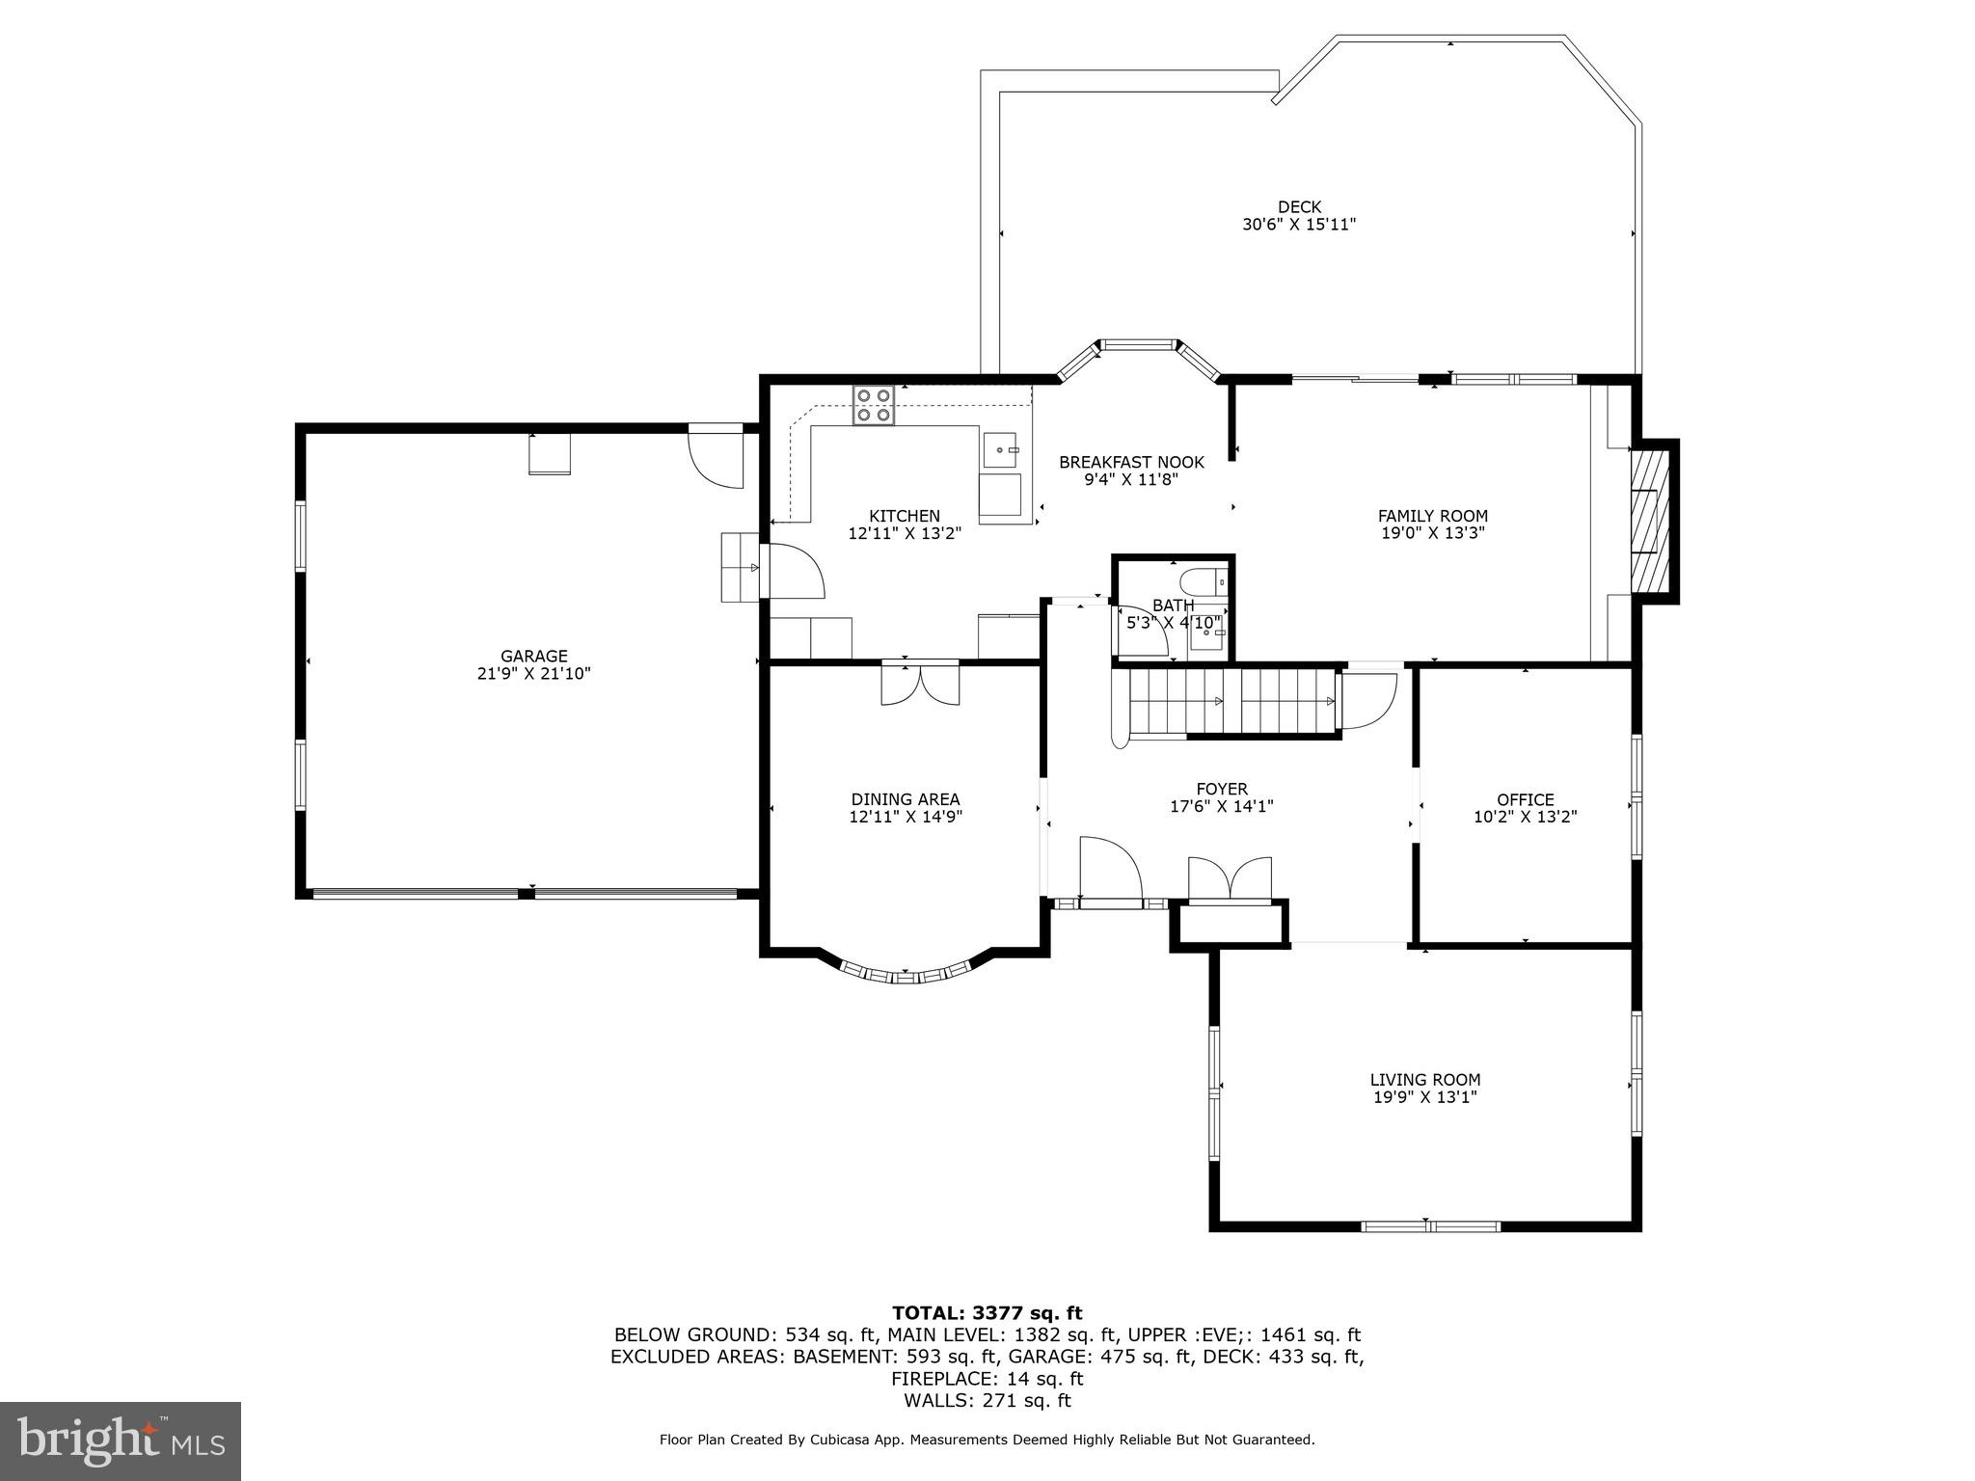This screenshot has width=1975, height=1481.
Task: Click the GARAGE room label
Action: pyautogui.click(x=533, y=657)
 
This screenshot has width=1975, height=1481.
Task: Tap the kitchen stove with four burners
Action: pyautogui.click(x=874, y=405)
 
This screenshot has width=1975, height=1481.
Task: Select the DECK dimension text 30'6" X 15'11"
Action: pyautogui.click(x=1299, y=225)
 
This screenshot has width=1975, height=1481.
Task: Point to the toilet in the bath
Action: pyautogui.click(x=1202, y=582)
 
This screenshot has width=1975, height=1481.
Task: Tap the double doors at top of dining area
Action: pyautogui.click(x=920, y=684)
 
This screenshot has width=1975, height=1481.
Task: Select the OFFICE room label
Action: pyautogui.click(x=1525, y=799)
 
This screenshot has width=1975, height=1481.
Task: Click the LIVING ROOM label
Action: pyautogui.click(x=1424, y=1080)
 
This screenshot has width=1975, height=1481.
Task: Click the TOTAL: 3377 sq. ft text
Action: pyautogui.click(x=987, y=1313)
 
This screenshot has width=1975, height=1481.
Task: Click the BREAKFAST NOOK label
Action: pyautogui.click(x=1131, y=463)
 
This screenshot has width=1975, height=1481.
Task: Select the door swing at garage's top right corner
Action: pyautogui.click(x=716, y=461)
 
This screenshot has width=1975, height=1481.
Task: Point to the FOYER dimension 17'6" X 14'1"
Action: pyautogui.click(x=1221, y=806)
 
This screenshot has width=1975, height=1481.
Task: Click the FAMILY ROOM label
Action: pyautogui.click(x=1432, y=516)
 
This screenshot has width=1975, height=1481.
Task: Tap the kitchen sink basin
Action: pyautogui.click(x=1000, y=449)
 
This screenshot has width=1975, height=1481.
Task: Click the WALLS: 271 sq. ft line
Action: pyautogui.click(x=987, y=1401)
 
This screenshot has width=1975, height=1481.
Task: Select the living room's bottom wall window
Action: pyautogui.click(x=1430, y=1226)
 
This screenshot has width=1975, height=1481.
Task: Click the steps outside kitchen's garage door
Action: pyautogui.click(x=741, y=568)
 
